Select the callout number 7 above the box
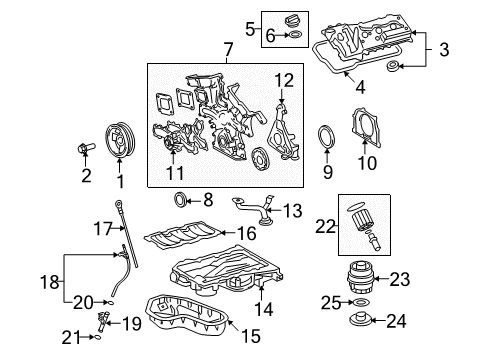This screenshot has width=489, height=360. coord(228,49)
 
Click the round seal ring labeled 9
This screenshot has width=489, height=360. coord(328,137)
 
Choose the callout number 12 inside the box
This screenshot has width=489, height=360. coord(284,80)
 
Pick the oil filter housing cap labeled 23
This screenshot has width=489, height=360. coord(360,281)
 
